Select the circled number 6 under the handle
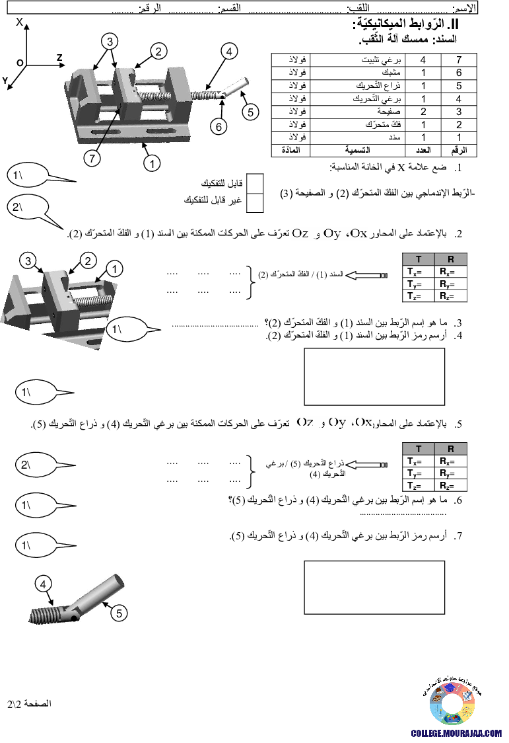tap(219, 126)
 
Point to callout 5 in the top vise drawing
tap(250, 112)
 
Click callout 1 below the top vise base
tap(152, 162)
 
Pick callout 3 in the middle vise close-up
tap(28, 261)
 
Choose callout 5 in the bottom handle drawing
tap(119, 612)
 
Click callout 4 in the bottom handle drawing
tap(42, 584)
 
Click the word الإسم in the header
tap(464, 9)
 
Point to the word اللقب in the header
tap(359, 9)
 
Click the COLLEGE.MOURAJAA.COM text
tap(456, 733)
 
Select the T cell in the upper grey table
tap(419, 259)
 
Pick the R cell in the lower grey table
tap(451, 449)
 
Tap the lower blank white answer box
tap(374, 588)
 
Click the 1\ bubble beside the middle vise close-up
tap(127, 329)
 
